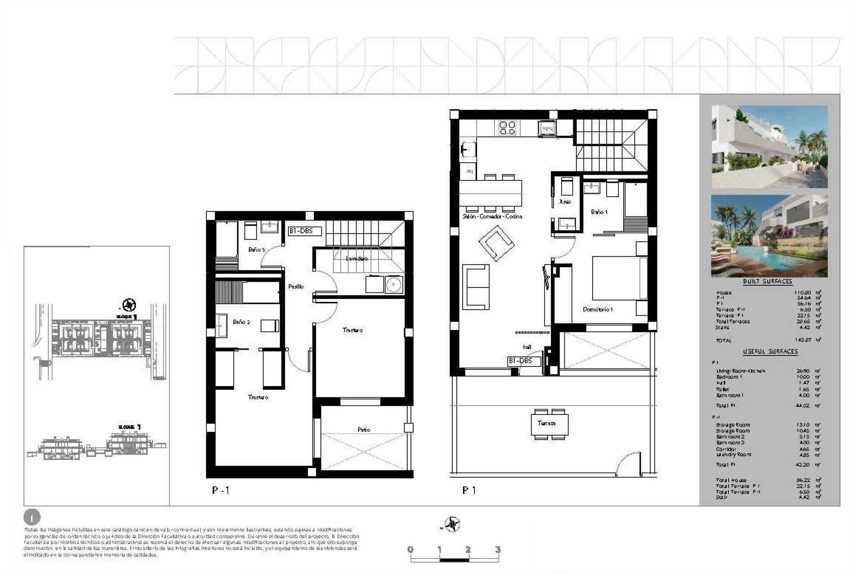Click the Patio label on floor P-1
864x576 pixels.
[364, 430]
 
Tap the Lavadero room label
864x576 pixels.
[356, 259]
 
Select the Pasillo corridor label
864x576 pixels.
[296, 287]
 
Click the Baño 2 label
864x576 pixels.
[241, 322]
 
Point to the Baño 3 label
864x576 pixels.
[256, 250]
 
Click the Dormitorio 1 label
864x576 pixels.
[598, 310]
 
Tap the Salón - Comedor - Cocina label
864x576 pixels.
[492, 216]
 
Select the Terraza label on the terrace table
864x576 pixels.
[546, 423]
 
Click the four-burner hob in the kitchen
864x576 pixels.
[507, 128]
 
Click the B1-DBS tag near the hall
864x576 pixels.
[520, 361]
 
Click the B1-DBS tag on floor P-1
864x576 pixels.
[305, 231]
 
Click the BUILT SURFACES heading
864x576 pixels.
[767, 281]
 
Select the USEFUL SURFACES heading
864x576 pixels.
[770, 351]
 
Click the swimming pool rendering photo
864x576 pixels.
[769, 236]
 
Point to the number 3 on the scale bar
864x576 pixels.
[498, 549]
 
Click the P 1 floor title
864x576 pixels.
[469, 490]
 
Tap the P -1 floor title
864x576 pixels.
[220, 490]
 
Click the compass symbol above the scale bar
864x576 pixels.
[451, 525]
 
